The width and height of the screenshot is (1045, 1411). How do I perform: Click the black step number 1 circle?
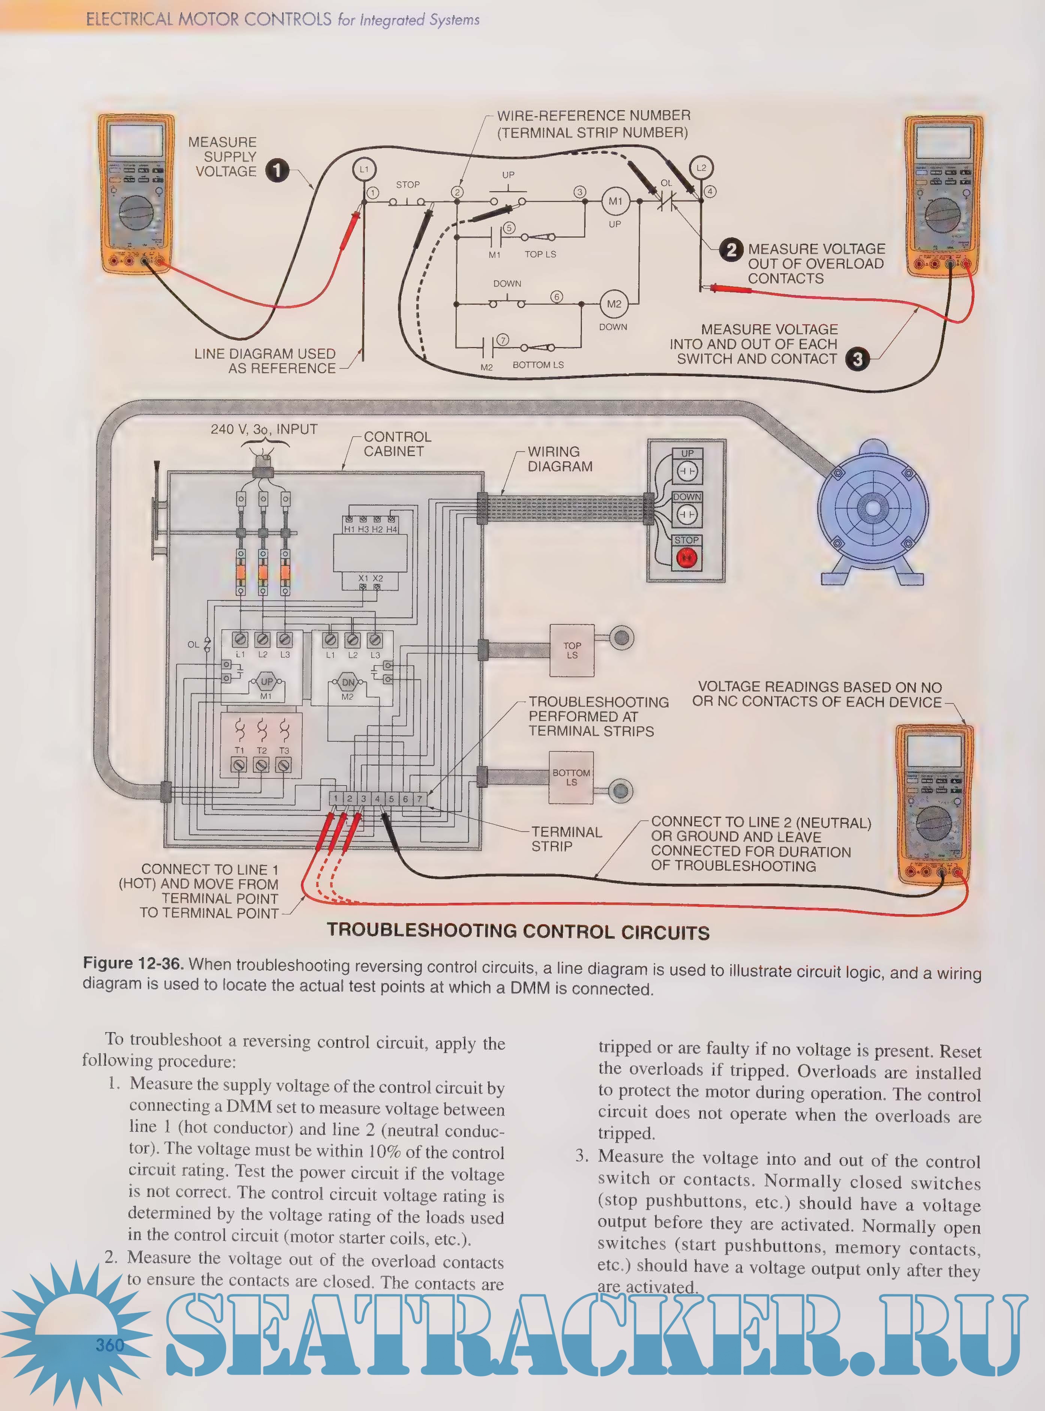tap(277, 171)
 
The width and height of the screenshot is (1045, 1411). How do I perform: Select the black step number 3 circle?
tap(857, 359)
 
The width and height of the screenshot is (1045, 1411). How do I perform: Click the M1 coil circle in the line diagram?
tap(615, 201)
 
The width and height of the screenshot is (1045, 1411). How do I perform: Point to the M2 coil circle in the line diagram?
tap(614, 304)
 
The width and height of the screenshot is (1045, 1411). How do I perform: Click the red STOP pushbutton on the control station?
tap(686, 557)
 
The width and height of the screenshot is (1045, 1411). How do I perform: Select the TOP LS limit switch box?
tap(572, 651)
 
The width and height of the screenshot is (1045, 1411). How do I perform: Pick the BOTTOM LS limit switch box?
tap(571, 778)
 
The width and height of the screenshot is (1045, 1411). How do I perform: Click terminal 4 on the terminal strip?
tap(377, 799)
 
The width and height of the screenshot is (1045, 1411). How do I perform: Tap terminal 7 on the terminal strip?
tap(419, 799)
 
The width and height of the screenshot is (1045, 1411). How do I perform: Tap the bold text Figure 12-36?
tap(133, 964)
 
